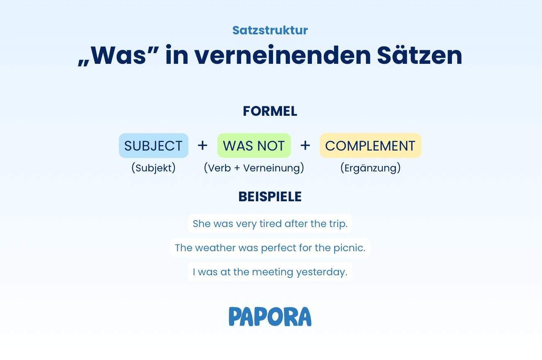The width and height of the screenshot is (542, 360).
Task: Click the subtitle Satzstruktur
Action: [270, 30]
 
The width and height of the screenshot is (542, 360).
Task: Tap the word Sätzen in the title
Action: [420, 55]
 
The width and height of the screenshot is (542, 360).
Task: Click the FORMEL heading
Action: [270, 111]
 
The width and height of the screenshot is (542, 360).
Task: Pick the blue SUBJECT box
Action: [154, 146]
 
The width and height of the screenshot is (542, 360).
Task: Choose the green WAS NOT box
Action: [254, 146]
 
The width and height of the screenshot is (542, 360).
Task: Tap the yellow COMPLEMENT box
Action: [370, 146]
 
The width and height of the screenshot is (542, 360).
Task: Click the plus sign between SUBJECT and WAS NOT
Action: [203, 146]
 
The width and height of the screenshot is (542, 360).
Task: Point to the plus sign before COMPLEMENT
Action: [305, 146]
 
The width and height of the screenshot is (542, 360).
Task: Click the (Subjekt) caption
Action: [154, 168]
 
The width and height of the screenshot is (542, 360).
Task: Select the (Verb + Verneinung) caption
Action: [254, 168]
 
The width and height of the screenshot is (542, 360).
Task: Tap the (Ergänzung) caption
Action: [370, 168]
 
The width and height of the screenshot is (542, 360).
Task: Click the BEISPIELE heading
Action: [270, 196]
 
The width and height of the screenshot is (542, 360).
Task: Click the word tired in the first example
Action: [271, 224]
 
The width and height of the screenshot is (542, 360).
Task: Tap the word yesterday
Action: [322, 272]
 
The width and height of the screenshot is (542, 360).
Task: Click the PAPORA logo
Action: [270, 317]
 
